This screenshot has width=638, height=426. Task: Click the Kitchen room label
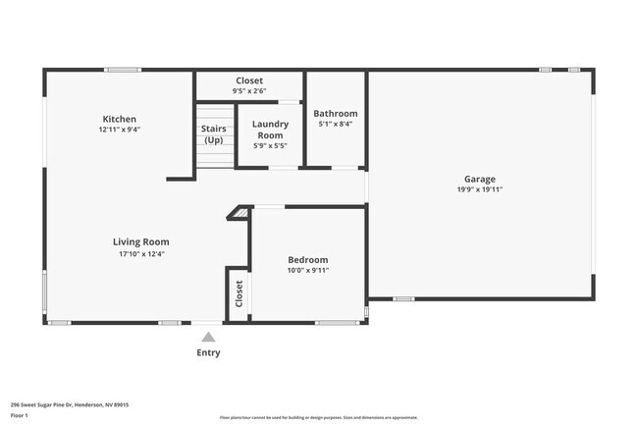coord(120,119)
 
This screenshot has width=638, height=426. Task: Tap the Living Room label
coord(140,241)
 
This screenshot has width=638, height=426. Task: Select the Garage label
coord(479,180)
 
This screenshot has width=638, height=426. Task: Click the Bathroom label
coord(337,114)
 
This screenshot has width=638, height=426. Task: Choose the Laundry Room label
coord(270,130)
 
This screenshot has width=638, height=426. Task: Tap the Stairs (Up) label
coord(213,134)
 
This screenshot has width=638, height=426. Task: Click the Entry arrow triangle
coord(208,337)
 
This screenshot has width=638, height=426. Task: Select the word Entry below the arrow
coord(208,353)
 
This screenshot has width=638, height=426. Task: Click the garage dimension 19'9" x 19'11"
coord(479,190)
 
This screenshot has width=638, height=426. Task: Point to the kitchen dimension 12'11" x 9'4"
coord(120,130)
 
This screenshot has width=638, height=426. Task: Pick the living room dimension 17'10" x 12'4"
coord(140,253)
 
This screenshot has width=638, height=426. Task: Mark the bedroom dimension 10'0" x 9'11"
coord(307,270)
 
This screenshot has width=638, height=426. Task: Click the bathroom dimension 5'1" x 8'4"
coord(337,125)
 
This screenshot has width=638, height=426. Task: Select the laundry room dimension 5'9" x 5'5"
coord(270,145)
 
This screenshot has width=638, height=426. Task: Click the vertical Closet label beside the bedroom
coord(239,293)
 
